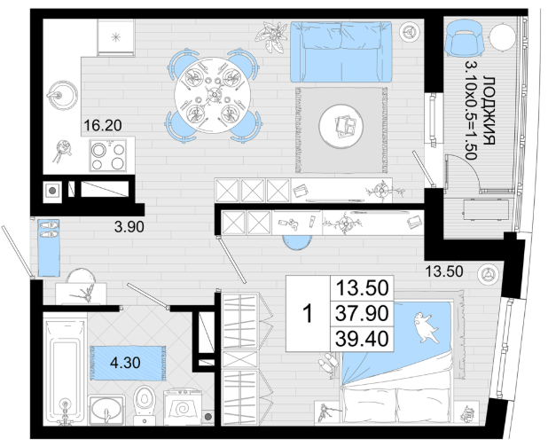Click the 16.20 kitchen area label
pyautogui.click(x=103, y=125)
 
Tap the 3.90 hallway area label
pyautogui.click(x=129, y=227)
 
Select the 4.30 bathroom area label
pyautogui.click(x=125, y=363)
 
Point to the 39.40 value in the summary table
pyautogui.click(x=362, y=339)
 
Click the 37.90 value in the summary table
pyautogui.click(x=362, y=313)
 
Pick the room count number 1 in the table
pyautogui.click(x=308, y=313)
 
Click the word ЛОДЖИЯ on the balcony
pyautogui.click(x=489, y=110)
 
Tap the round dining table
pyautogui.click(x=213, y=95)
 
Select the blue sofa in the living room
pyautogui.click(x=341, y=51)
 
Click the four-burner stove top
pyautogui.click(x=108, y=155)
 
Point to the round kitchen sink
pyautogui.click(x=62, y=95)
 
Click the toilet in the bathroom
pyautogui.click(x=145, y=405)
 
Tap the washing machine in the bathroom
pyautogui.click(x=183, y=407)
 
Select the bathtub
pyautogui.click(x=65, y=370)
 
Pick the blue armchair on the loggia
pyautogui.click(x=465, y=38)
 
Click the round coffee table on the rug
pyautogui.click(x=341, y=126)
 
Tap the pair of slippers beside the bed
pyautogui.click(x=328, y=364)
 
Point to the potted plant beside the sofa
pyautogui.click(x=272, y=36)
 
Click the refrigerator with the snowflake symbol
pyautogui.click(x=115, y=37)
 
